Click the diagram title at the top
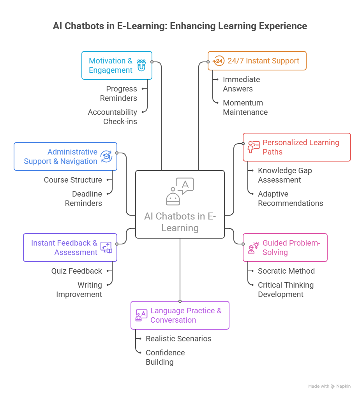coord(180,26)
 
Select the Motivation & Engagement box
coord(116,65)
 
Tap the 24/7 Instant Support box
coord(257,61)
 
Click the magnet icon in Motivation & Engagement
coord(141,65)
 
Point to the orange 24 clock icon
coord(219,61)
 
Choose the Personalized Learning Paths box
coord(296,147)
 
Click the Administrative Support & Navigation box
coord(65,156)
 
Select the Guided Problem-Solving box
coord(285,248)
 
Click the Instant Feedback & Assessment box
coord(70,248)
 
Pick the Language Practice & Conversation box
coord(180,315)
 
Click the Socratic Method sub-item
coord(286,271)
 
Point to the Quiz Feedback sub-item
coord(76,271)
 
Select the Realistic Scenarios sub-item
coord(178,339)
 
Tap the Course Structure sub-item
coord(73,180)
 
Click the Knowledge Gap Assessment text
coord(284,175)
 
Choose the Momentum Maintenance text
coord(245,107)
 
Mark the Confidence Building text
coord(165,357)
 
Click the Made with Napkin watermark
coord(329,386)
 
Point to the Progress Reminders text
coord(119,93)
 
